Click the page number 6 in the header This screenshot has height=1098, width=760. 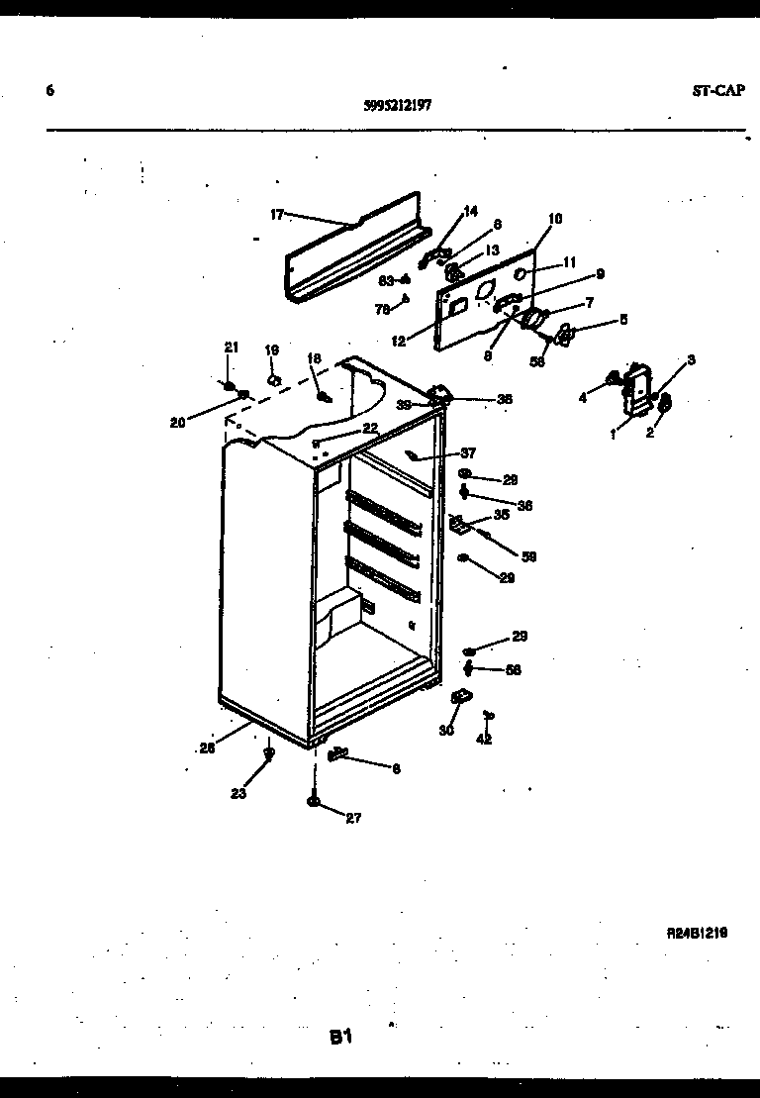pyautogui.click(x=49, y=90)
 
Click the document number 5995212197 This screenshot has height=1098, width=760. pyautogui.click(x=396, y=103)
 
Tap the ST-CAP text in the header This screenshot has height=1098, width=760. pyautogui.click(x=718, y=90)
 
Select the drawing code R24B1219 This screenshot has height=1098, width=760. pyautogui.click(x=697, y=932)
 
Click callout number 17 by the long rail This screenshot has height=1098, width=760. pyautogui.click(x=276, y=214)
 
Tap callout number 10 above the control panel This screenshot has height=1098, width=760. pyautogui.click(x=554, y=218)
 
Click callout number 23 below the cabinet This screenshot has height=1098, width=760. pyautogui.click(x=237, y=792)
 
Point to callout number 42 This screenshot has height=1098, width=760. pyautogui.click(x=484, y=739)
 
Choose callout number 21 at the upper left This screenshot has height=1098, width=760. pyautogui.click(x=231, y=347)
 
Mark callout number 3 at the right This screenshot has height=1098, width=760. pyautogui.click(x=691, y=359)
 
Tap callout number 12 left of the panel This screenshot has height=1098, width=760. pyautogui.click(x=398, y=343)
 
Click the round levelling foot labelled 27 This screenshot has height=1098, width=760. pyautogui.click(x=314, y=802)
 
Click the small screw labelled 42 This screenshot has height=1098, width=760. pyautogui.click(x=487, y=715)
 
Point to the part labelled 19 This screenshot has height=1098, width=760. pyautogui.click(x=274, y=378)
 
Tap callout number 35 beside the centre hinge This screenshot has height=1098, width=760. pyautogui.click(x=501, y=514)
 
